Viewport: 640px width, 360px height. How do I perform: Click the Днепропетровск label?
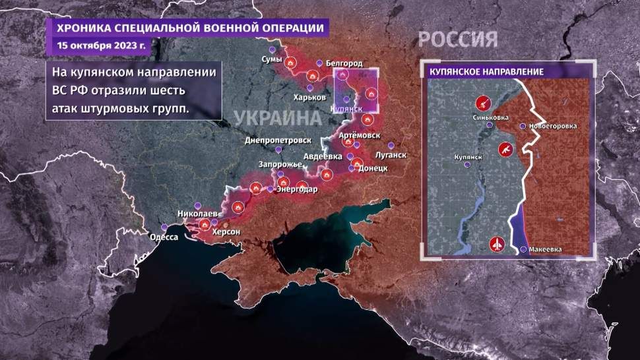point(273,140)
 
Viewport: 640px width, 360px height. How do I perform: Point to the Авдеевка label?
point(323,156)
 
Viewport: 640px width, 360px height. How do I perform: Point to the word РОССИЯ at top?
point(459,39)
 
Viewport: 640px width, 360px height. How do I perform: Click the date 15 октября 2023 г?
point(102,45)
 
